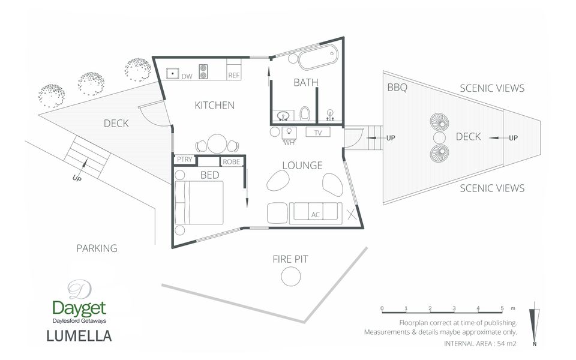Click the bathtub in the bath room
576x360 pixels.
[318, 57]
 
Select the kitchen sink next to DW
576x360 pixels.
[172, 73]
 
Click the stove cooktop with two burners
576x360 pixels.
[203, 71]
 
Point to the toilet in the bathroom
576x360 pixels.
[305, 113]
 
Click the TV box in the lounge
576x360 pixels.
[318, 132]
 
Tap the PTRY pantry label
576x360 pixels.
[184, 160]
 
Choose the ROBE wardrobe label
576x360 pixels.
[232, 161]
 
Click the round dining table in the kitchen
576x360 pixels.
[217, 143]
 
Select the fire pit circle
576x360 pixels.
[290, 276]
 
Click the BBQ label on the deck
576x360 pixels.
[397, 88]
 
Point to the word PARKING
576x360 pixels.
[97, 248]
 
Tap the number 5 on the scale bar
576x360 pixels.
[502, 308]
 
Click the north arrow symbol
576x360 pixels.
[535, 323]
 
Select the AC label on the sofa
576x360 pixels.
[316, 215]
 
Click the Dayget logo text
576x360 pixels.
[79, 308]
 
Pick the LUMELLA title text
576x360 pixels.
[79, 336]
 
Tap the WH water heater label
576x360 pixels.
[289, 143]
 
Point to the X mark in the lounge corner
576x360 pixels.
[352, 214]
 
